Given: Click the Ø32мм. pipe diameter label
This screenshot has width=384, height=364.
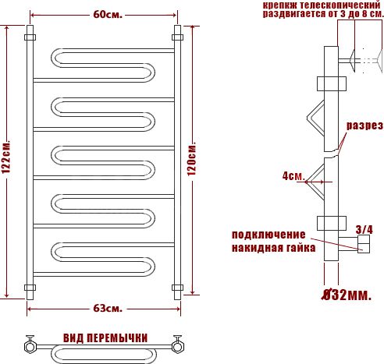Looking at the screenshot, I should click(347, 295).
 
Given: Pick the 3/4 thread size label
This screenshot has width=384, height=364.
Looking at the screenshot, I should click(364, 229).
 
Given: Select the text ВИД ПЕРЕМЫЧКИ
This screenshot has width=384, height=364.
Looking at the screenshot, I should click(105, 337).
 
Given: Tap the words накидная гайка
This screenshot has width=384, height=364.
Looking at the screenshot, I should click(273, 248).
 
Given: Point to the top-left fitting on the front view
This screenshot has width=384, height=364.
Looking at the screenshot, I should click(30, 37).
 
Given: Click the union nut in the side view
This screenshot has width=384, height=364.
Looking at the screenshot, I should click(364, 246).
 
